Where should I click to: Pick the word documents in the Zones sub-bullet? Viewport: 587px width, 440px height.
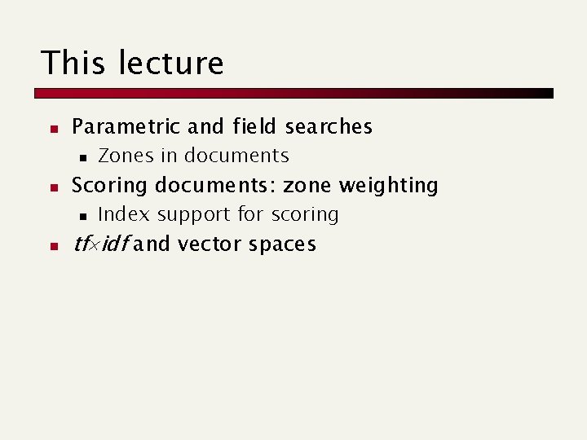[x=236, y=156]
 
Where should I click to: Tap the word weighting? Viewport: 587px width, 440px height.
[x=389, y=186]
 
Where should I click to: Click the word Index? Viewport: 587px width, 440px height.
[x=124, y=214]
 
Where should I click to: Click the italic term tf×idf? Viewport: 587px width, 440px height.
[x=100, y=244]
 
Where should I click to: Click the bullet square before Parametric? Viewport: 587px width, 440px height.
[x=51, y=129]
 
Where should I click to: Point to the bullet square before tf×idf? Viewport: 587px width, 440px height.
[x=51, y=246]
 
